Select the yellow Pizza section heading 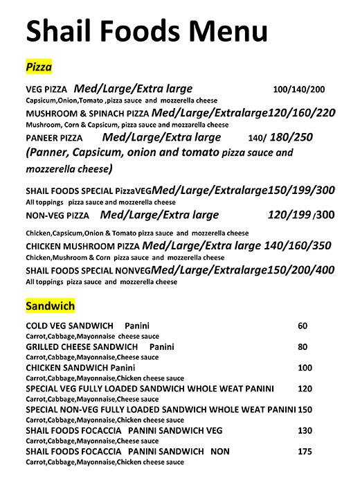[x=39, y=67]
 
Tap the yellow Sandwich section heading [x=50, y=305]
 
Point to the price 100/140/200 [x=299, y=90]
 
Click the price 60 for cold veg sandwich [x=303, y=326]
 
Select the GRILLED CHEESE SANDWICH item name [x=82, y=346]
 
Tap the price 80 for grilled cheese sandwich [x=303, y=346]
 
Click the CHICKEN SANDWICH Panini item [x=80, y=367]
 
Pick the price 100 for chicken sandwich [x=305, y=367]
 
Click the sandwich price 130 [x=305, y=430]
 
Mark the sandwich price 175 [x=305, y=451]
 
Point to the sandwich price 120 [x=305, y=388]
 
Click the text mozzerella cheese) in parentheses [x=69, y=168]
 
